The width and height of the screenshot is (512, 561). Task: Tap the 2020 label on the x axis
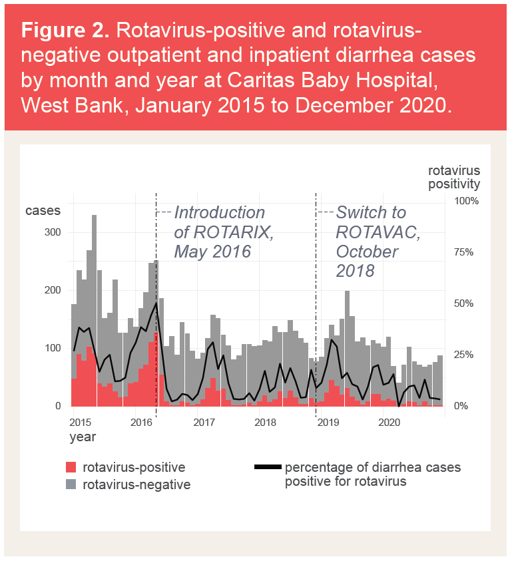tap(389, 422)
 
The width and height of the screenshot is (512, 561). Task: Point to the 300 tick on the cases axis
tap(53, 232)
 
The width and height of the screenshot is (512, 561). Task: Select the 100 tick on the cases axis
tap(53, 348)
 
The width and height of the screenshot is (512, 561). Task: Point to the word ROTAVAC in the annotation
tap(378, 232)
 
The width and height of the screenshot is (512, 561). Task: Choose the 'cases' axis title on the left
tap(43, 211)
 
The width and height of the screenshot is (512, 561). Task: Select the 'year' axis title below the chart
tap(83, 437)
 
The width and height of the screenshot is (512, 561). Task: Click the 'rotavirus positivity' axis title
tap(453, 176)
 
